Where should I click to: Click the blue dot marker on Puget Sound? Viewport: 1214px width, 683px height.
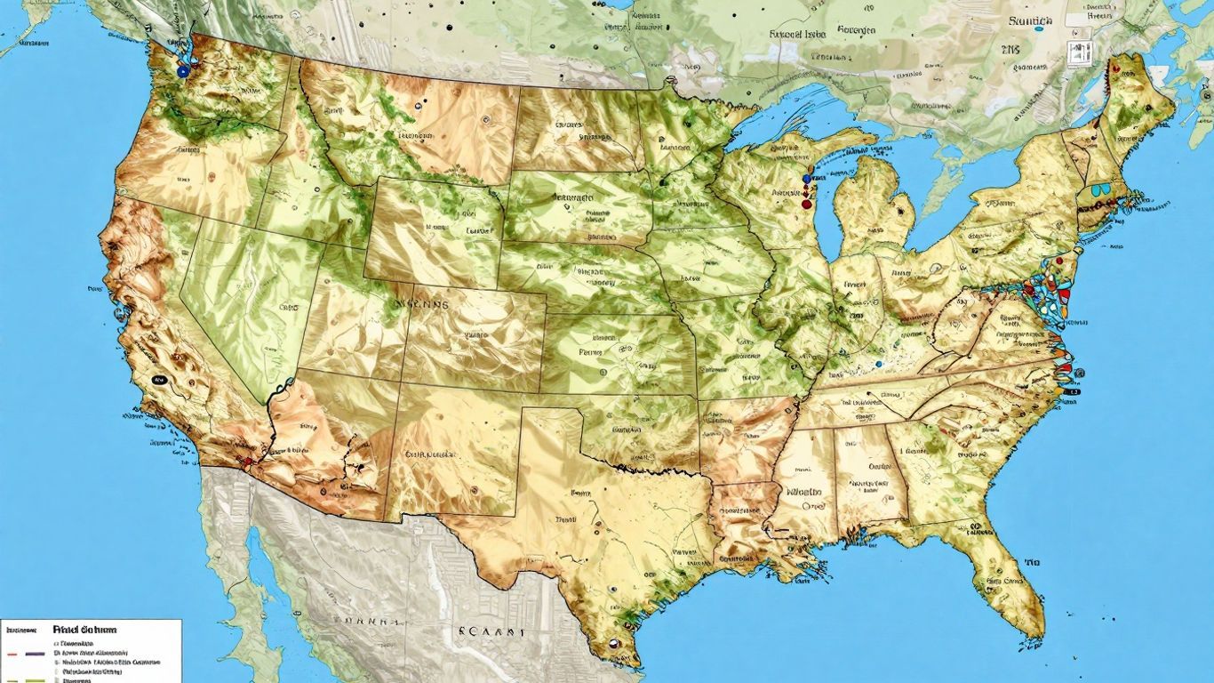182,70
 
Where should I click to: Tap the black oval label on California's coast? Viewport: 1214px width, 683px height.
160,379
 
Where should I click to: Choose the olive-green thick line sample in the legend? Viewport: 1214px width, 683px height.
25,679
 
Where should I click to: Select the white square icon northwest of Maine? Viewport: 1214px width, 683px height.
1078,54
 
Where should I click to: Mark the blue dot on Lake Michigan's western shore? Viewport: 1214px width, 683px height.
806,179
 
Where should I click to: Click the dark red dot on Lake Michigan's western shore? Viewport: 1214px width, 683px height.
806,204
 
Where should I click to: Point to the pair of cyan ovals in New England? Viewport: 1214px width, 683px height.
1098,189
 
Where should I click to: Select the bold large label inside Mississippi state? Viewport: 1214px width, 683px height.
803,491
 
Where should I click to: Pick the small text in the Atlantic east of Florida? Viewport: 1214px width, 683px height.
1032,563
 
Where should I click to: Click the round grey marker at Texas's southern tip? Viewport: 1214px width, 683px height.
611,646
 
